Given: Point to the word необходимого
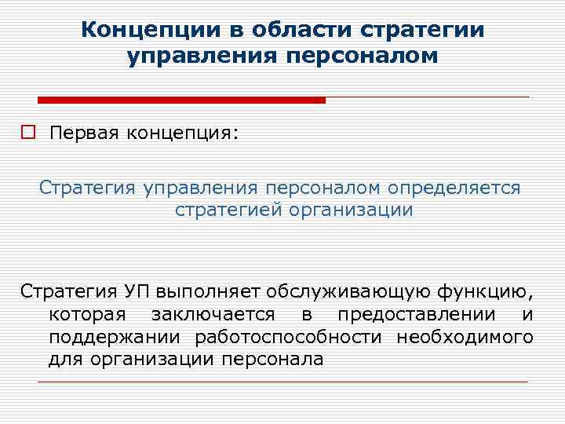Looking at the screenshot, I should [x=465, y=338].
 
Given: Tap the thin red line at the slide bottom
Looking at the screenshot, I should [x=282, y=382].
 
